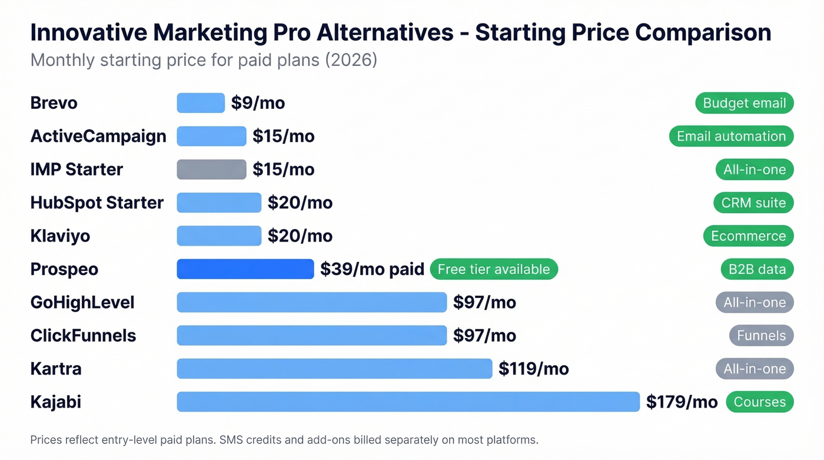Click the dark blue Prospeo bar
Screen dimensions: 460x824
click(x=245, y=269)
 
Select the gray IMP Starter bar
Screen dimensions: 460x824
click(x=211, y=170)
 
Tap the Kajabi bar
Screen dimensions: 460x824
click(x=408, y=402)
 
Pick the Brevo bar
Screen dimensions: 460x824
click(x=201, y=103)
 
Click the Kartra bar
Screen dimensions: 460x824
click(x=334, y=369)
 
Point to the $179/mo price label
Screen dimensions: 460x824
click(x=682, y=402)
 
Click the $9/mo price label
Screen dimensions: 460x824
click(x=258, y=103)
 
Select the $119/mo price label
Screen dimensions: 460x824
click(x=533, y=369)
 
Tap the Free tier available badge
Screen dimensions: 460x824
click(x=494, y=269)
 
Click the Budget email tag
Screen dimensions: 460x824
click(x=744, y=103)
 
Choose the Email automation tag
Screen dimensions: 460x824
click(x=731, y=136)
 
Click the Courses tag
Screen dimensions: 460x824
click(x=759, y=402)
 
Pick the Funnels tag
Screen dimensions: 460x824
click(x=761, y=336)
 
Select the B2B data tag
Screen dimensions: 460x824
click(x=756, y=269)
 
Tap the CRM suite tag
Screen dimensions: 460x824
click(x=753, y=203)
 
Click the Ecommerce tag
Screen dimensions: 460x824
click(x=748, y=236)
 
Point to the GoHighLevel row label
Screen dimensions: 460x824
click(x=82, y=303)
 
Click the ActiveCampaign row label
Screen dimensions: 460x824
click(x=98, y=136)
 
